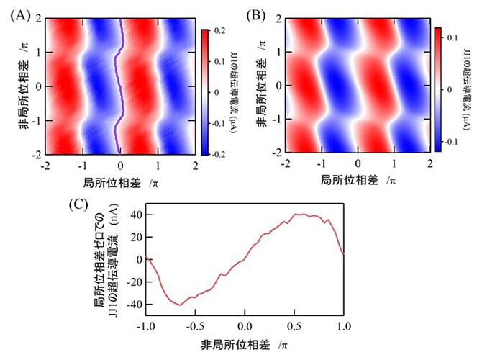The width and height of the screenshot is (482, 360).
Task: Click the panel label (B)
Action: pyautogui.click(x=255, y=14)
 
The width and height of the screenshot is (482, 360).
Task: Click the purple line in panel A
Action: pyautogui.click(x=121, y=86)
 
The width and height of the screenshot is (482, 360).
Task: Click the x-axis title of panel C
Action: pyautogui.click(x=245, y=346)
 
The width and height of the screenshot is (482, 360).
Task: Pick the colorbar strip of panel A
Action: pyautogui.click(x=204, y=92)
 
